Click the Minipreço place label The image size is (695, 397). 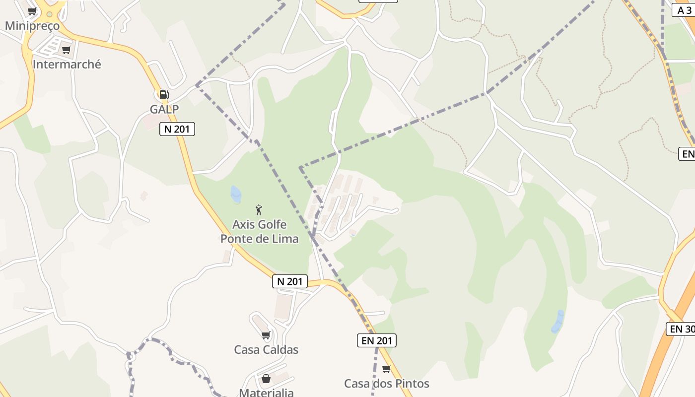(32, 26)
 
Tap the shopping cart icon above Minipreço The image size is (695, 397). (32, 11)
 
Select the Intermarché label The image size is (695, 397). (67, 64)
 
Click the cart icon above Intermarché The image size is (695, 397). (67, 50)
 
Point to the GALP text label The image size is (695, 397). (164, 109)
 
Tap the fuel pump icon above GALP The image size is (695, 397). (164, 94)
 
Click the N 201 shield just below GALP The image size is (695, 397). (177, 129)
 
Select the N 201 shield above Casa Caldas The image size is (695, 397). (290, 281)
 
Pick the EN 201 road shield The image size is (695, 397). (377, 340)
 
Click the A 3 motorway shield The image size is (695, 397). (683, 10)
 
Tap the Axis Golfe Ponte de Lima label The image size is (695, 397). (260, 231)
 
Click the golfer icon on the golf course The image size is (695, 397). (258, 209)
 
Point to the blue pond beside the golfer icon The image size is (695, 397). (236, 194)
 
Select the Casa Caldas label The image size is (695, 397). (266, 349)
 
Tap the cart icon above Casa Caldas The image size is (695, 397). (266, 335)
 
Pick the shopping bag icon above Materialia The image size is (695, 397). (266, 379)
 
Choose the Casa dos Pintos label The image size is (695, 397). (387, 384)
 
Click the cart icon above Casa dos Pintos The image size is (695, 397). (387, 369)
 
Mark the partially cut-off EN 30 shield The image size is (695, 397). (681, 329)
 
